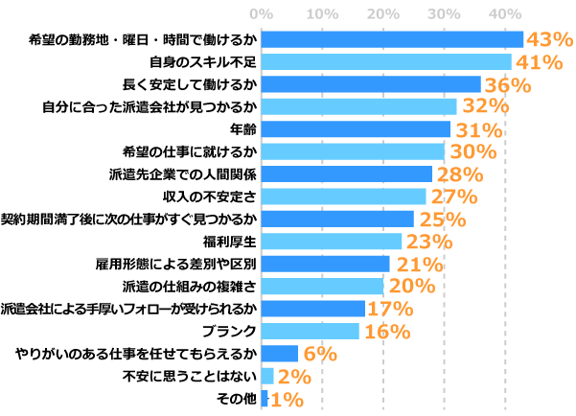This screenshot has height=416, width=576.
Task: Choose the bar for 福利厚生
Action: [x=331, y=241]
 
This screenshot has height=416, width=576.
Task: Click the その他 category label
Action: [x=237, y=398]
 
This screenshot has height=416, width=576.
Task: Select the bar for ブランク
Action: [x=310, y=331]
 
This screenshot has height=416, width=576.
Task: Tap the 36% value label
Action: [x=507, y=84]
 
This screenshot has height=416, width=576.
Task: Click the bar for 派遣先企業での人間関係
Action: [x=346, y=173]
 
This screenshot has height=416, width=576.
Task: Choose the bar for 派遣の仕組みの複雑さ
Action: [x=322, y=286]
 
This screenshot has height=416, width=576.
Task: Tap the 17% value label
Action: [x=390, y=309]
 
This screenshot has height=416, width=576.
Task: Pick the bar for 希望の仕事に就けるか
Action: [x=352, y=151]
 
